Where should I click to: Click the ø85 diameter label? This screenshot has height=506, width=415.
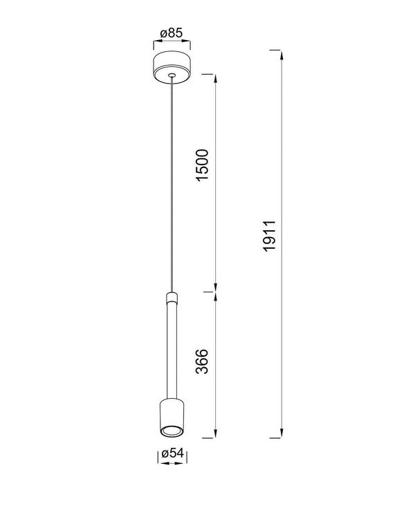coord(172,33)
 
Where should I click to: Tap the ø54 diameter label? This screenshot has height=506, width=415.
coord(172,453)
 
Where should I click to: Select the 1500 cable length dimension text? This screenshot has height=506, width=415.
coord(203,165)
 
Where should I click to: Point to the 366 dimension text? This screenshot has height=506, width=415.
coord(203,362)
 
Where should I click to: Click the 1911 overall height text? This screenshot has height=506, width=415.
coord(269,236)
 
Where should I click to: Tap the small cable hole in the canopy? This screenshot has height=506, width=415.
coord(172,75)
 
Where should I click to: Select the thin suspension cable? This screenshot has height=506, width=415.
coord(172,185)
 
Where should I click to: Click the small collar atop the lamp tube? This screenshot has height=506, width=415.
coord(172,297)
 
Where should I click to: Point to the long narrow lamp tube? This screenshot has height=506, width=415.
coord(172,351)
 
